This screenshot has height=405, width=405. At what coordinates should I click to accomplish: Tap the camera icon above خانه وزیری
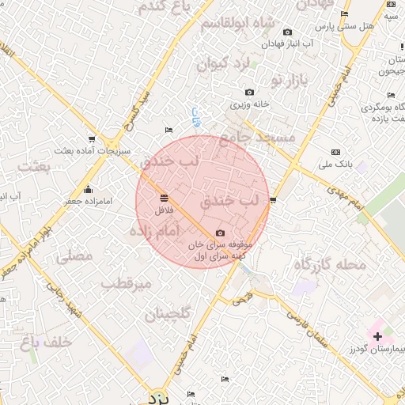coord(250,93)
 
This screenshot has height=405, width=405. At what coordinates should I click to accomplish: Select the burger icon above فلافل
coord(164,198)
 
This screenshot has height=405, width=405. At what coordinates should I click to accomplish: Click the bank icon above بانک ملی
coord(336,151)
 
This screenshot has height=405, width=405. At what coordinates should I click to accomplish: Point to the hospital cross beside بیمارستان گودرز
coord(377,337)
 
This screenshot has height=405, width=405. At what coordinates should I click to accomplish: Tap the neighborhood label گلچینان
coord(168,315)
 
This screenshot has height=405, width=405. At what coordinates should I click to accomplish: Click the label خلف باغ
coord(48,342)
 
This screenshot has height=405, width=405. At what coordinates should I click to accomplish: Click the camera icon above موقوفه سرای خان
coord(220,233)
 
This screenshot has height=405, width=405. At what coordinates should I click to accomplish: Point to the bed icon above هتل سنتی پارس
coord(344,14)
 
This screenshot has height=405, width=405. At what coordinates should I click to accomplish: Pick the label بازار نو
coord(288,80)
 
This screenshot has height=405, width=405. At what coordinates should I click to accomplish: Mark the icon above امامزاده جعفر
coord(87,190)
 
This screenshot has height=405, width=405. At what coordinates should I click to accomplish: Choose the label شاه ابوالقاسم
coord(237,23)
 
